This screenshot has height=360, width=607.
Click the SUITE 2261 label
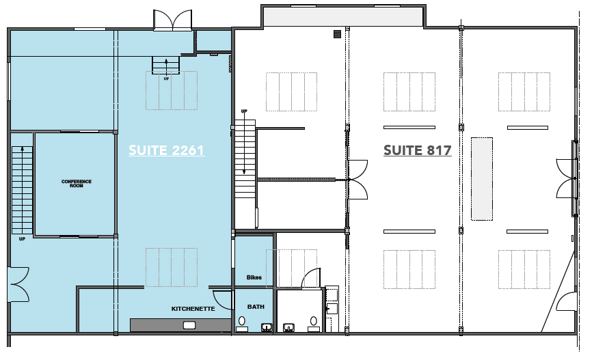[166, 150]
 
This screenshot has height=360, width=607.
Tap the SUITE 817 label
[417, 150]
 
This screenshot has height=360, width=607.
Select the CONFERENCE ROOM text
[76, 183]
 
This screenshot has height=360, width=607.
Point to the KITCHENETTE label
[193, 309]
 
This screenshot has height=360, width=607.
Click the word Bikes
[254, 277]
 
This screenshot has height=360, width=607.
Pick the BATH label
[256, 307]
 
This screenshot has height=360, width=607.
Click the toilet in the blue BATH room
[243, 322]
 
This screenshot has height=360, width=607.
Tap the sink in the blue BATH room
[266, 327]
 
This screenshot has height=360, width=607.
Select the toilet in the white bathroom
[314, 322]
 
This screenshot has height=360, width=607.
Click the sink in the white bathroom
[289, 327]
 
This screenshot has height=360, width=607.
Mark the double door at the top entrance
[173, 20]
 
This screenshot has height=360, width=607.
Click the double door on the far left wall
[18, 284]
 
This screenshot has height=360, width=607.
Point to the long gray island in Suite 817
[481, 178]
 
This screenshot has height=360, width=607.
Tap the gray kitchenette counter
[180, 324]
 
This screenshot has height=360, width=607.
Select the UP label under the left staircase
[22, 239]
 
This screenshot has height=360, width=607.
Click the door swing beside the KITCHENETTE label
[223, 299]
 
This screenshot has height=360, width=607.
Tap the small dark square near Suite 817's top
[336, 33]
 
